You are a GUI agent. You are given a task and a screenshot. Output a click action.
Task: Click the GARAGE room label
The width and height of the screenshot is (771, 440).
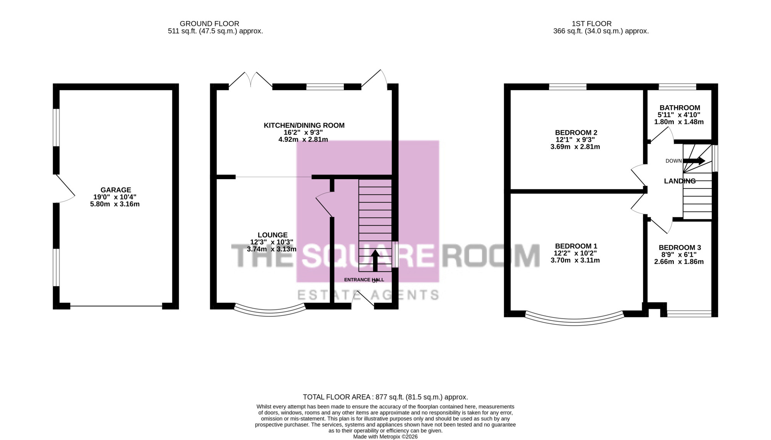tap(116, 190)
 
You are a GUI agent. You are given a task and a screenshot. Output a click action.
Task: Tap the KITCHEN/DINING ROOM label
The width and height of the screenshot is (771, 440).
tap(304, 125)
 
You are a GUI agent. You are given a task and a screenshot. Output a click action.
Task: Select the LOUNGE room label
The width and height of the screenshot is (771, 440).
tap(273, 235)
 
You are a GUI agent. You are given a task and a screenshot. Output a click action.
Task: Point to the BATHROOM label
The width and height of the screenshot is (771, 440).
tap(680, 108)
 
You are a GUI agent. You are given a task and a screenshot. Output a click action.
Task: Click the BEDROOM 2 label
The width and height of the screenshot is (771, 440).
tap(576, 133)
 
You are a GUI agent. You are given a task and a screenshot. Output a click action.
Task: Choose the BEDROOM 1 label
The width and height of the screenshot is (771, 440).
tap(576, 246)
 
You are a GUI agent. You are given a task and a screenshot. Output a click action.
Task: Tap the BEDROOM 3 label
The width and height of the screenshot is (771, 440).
tap(680, 247)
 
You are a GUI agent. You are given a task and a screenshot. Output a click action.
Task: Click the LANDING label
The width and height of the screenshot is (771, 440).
tap(680, 181)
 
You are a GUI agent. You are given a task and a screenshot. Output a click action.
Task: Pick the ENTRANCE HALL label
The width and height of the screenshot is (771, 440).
tap(364, 280)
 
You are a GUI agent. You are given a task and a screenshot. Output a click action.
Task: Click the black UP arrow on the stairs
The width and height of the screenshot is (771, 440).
tap(375, 260)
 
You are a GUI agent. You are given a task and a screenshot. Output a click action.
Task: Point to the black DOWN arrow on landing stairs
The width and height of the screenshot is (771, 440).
tap(694, 161)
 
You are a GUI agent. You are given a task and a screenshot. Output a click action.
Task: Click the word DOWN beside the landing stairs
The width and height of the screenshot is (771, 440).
tap(673, 161)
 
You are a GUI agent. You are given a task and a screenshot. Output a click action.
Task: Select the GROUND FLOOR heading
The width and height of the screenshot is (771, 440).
tap(209, 24)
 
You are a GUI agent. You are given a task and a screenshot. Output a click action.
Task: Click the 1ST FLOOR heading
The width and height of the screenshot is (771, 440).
tap(591, 24)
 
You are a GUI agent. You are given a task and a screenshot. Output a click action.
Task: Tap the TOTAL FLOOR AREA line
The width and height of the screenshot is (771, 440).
tap(385, 397)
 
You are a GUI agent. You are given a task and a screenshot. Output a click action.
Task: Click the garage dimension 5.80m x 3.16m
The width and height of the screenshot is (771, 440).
tap(115, 204)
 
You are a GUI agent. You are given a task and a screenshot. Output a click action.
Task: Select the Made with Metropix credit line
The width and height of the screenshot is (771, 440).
tap(385, 437)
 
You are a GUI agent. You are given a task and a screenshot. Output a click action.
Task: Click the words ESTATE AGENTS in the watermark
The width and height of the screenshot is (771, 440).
tap(368, 295)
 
